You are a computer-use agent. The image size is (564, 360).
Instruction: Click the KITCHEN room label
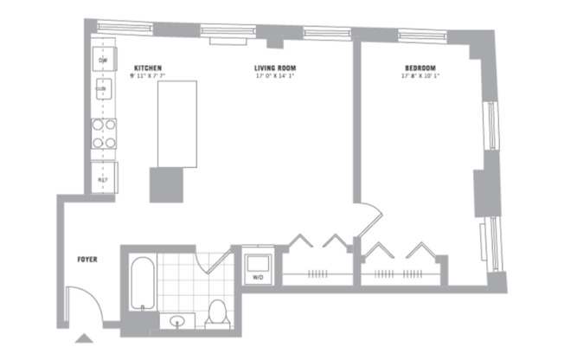(148, 67)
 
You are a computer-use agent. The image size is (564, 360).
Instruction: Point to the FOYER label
(87, 258)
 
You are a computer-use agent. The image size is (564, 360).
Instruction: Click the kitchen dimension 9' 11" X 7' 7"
(148, 76)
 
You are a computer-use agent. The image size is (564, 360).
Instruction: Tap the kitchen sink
(102, 88)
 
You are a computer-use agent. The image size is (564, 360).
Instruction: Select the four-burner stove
(104, 134)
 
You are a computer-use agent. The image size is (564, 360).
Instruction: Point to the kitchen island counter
(176, 123)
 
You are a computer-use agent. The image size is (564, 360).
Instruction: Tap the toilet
(217, 312)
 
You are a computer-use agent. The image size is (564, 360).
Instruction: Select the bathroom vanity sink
(178, 323)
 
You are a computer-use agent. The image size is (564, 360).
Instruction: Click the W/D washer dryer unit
(259, 267)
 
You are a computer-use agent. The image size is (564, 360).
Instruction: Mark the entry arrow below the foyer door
(86, 339)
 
